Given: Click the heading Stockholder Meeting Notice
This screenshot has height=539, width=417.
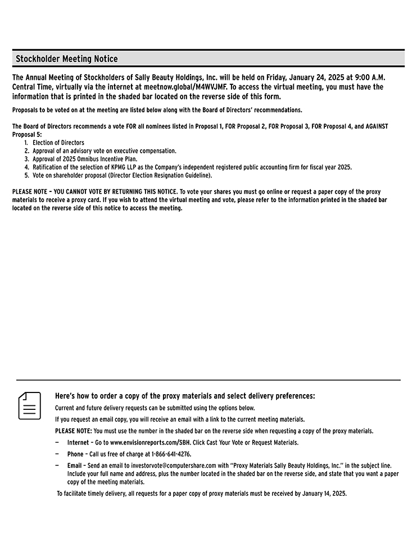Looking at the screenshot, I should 66,59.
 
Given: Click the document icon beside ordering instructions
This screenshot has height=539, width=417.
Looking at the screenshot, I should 30,405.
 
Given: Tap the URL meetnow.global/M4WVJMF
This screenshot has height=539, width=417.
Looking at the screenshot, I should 184,87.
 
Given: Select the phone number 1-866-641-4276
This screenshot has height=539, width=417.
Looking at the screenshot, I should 171,454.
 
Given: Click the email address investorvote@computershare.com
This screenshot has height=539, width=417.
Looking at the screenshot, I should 174,465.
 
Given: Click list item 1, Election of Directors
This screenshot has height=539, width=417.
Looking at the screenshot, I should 58,143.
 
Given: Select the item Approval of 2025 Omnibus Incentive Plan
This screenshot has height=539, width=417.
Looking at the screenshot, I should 84,159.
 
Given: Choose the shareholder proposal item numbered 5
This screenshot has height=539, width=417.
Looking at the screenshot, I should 122,175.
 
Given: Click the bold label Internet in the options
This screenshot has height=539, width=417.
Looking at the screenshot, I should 78,442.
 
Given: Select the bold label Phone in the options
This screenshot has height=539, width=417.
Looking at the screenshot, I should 75,454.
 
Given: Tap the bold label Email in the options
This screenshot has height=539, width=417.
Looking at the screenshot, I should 74,465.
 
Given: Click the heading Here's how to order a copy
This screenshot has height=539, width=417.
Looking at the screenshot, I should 185,396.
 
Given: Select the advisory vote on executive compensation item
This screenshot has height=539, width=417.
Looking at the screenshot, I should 104,151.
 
